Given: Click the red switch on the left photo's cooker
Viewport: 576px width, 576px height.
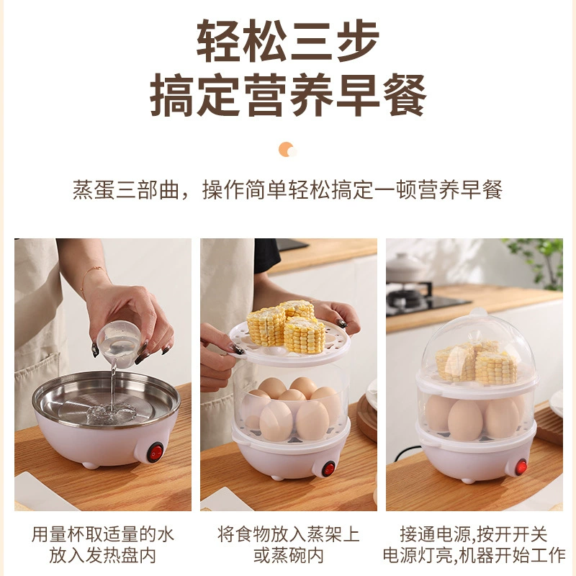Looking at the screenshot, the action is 155,453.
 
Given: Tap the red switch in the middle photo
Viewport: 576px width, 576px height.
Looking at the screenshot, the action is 328,469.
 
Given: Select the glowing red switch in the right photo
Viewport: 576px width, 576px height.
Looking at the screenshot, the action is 521,467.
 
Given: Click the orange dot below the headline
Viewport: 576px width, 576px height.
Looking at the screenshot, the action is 285,149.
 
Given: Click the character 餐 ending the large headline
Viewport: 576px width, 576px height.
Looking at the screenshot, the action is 404,95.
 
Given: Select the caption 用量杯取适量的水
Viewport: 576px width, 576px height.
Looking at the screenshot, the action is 102,534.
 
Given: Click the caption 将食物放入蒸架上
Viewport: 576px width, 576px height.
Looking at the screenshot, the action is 289,534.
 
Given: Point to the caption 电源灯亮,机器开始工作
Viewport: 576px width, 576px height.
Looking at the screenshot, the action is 474,555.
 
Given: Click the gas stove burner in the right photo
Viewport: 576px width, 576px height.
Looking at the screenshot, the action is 409,297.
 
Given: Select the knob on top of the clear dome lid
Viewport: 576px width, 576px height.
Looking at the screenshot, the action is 478,312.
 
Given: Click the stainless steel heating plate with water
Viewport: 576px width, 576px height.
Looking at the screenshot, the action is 106,400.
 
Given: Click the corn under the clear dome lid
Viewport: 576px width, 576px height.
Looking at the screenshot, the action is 477,361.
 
